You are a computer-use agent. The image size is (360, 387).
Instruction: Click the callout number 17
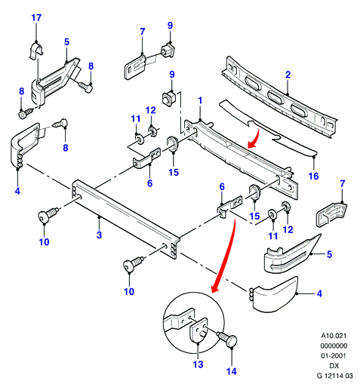(36, 18)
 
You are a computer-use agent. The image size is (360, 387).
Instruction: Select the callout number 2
(288, 75)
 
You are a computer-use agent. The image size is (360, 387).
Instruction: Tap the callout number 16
(313, 176)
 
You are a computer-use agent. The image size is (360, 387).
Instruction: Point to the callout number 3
(99, 235)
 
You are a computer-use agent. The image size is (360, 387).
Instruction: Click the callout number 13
(198, 364)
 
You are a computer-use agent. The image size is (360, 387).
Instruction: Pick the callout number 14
(232, 371)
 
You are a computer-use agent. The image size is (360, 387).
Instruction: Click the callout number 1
(200, 100)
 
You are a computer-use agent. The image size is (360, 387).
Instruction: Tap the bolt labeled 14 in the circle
(227, 339)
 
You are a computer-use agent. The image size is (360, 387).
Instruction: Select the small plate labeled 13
(198, 330)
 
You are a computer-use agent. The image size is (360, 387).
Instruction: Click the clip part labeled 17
(35, 51)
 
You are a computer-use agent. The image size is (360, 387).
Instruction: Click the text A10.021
(334, 336)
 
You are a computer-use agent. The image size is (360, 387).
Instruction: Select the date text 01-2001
(334, 355)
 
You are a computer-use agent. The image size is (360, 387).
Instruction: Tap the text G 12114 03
(334, 376)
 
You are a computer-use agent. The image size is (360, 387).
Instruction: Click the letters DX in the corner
(334, 366)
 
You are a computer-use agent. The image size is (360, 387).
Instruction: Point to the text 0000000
(334, 346)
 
